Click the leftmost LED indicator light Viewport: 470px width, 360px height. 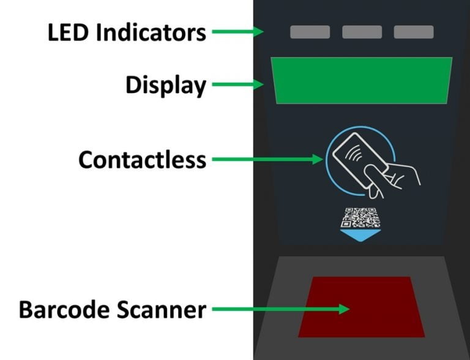tap(310, 32)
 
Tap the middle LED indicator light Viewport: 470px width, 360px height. tap(362, 32)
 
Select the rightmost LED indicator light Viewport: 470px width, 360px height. tap(414, 32)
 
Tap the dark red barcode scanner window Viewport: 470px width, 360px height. tap(361, 307)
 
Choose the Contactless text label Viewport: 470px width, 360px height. tap(142, 160)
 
